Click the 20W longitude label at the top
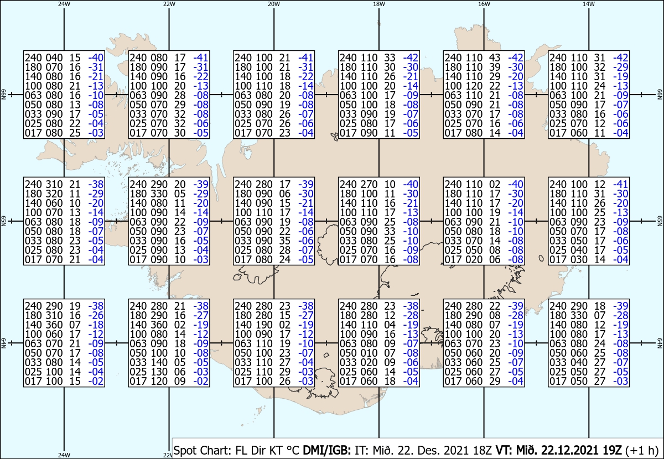[274, 4]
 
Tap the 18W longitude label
[379, 4]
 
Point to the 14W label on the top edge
[589, 4]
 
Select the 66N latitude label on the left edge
[3, 95]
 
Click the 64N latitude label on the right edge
[660, 343]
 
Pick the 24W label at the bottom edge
[64, 455]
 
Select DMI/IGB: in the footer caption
[326, 450]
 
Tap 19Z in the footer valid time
[611, 450]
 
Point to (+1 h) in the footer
[642, 450]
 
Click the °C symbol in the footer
[293, 450]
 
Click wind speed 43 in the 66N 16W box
[495, 58]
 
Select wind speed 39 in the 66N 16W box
[495, 67]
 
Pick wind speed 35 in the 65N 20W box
[284, 241]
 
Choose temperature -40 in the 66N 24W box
[96, 58]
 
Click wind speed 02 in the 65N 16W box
[495, 184]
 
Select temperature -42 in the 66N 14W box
[621, 58]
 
